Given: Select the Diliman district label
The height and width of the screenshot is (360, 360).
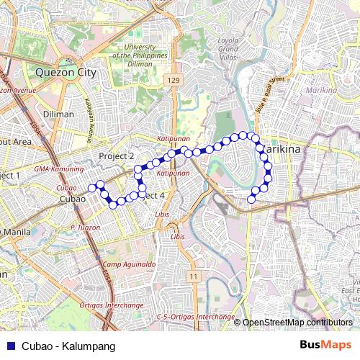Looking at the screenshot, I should [x=58, y=114].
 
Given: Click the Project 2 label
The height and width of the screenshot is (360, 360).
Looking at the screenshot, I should [x=117, y=156].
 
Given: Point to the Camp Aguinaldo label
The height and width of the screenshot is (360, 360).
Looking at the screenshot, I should [x=129, y=265].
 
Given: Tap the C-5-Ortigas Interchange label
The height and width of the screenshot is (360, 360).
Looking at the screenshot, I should [x=196, y=317].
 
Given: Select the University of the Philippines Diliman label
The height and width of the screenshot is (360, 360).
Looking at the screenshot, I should [x=145, y=55].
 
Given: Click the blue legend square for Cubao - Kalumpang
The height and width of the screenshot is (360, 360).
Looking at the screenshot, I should [x=9, y=346].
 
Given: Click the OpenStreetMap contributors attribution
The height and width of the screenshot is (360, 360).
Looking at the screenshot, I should [x=297, y=323].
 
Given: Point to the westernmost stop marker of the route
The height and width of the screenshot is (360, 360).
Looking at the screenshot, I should [x=91, y=189].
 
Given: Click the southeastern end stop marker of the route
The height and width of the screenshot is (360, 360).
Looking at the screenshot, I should [x=251, y=199].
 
